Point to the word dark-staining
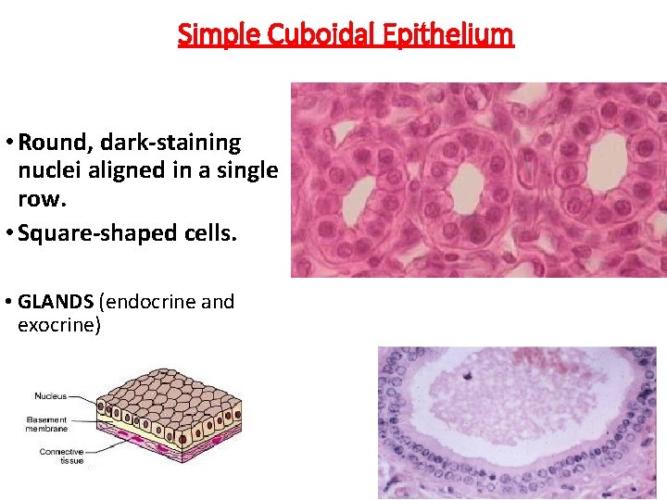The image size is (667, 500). tap(170, 143)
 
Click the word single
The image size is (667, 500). tap(245, 170)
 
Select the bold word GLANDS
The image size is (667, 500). tap(56, 302)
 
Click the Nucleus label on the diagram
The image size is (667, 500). tap(50, 396)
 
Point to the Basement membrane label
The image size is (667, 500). tap(46, 423)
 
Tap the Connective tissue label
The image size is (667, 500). tap(61, 456)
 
